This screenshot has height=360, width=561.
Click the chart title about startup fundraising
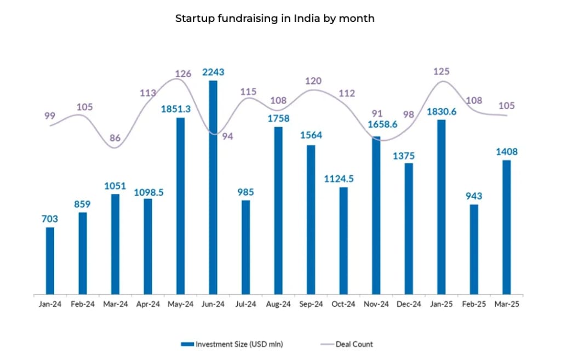(x=274, y=18)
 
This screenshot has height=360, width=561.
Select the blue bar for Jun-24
(x=213, y=187)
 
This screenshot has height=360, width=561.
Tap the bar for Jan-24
(x=50, y=260)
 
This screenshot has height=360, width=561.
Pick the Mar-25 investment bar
(x=507, y=227)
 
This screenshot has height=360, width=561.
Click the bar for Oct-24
(x=344, y=241)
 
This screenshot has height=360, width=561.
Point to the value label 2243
(x=213, y=72)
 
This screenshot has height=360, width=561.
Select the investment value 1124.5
(x=344, y=179)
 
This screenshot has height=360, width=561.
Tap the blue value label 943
(x=474, y=196)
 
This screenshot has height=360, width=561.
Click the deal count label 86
(x=115, y=138)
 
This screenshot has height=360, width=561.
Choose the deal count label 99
(x=50, y=116)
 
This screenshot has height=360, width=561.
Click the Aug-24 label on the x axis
(x=278, y=304)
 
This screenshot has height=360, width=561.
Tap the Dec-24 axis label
(x=409, y=304)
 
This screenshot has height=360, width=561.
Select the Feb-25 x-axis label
(x=474, y=304)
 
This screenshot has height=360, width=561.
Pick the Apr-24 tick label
(x=148, y=304)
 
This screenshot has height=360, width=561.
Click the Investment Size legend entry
(x=232, y=344)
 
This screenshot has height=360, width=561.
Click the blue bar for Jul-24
(x=246, y=247)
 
